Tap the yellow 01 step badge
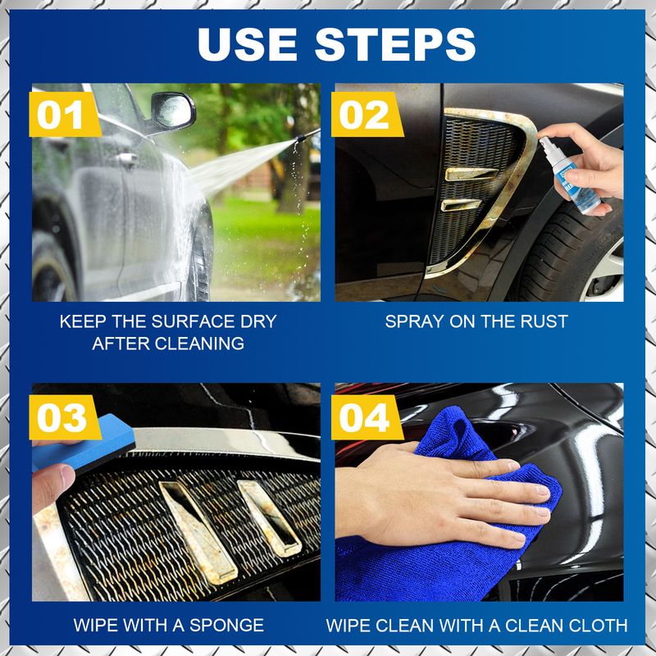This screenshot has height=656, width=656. pos(61,116)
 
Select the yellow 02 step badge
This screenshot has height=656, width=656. pos(365,116)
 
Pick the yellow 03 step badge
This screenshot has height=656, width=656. pos(61,417)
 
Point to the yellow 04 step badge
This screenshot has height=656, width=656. pos(365,417)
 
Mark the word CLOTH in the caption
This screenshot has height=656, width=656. pos(598,625)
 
